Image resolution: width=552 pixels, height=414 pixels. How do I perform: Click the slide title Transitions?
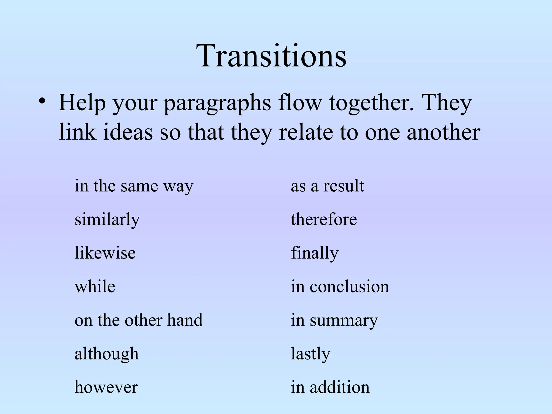click(272, 56)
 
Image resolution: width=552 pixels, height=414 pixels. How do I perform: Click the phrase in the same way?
click(134, 186)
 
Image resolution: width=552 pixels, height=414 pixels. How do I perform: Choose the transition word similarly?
click(107, 220)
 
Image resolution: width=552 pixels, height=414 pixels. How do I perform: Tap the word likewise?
click(105, 253)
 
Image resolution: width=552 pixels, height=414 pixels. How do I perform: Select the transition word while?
click(95, 287)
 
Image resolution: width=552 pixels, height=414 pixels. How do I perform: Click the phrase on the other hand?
click(139, 320)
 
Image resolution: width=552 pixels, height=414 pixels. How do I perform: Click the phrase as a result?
click(327, 186)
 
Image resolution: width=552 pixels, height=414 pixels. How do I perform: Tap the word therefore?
click(324, 219)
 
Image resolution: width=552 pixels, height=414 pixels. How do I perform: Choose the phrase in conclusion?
click(340, 287)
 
